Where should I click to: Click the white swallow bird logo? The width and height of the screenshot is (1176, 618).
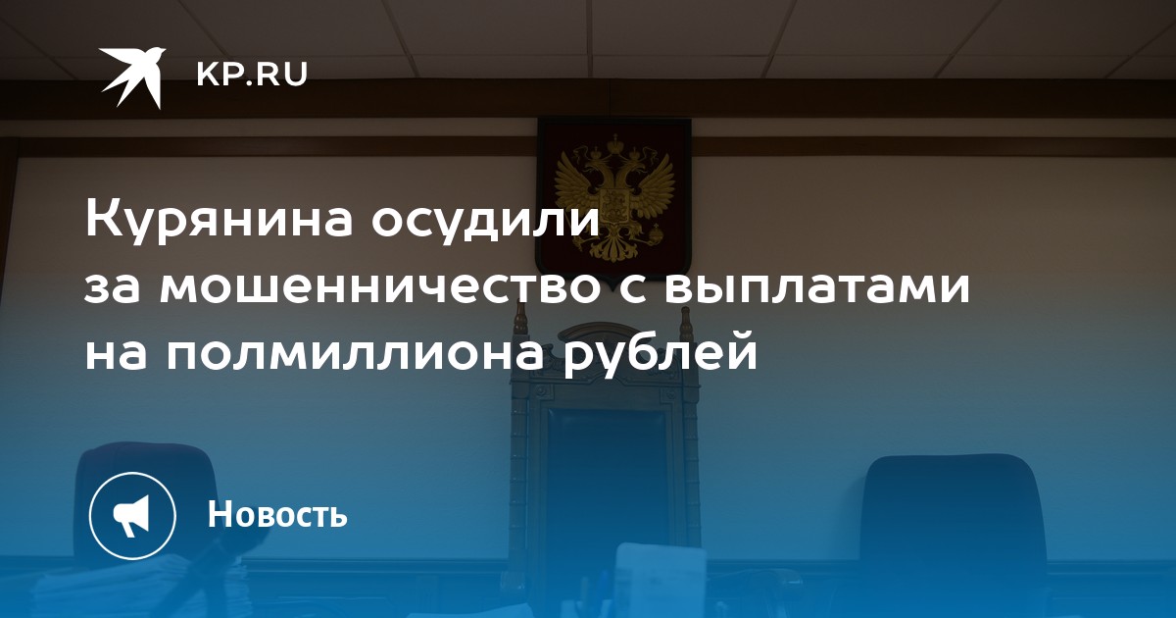tap(131, 77)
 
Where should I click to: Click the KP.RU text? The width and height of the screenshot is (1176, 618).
tap(252, 75)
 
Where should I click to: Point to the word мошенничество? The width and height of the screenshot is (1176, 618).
tap(379, 288)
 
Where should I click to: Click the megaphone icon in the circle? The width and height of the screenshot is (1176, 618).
tap(132, 516)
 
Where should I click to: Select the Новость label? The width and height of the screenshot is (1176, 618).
tap(277, 514)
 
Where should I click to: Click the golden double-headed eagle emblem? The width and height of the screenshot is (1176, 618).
tap(614, 198)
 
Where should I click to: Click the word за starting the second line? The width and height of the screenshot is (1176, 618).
tap(113, 288)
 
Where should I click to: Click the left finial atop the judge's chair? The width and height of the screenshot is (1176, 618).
tap(519, 316)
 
